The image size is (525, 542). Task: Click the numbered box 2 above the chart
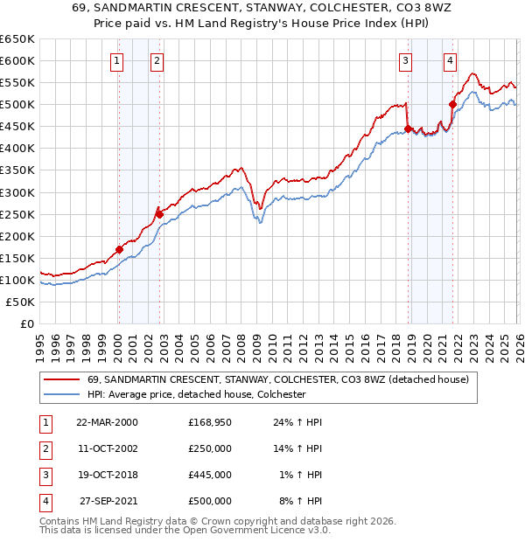157,60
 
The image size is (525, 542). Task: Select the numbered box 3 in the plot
405,60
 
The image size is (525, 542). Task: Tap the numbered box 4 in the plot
450,60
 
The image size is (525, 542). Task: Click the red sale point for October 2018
408,129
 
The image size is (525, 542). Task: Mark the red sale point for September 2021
453,104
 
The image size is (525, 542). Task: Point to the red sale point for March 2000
119,249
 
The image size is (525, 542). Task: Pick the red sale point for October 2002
159,214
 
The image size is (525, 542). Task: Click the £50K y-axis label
21,302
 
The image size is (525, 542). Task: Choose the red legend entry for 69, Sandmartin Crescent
278,379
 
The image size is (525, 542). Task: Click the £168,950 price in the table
209,422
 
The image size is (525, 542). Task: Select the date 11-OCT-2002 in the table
107,448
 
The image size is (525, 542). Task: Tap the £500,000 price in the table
209,501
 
